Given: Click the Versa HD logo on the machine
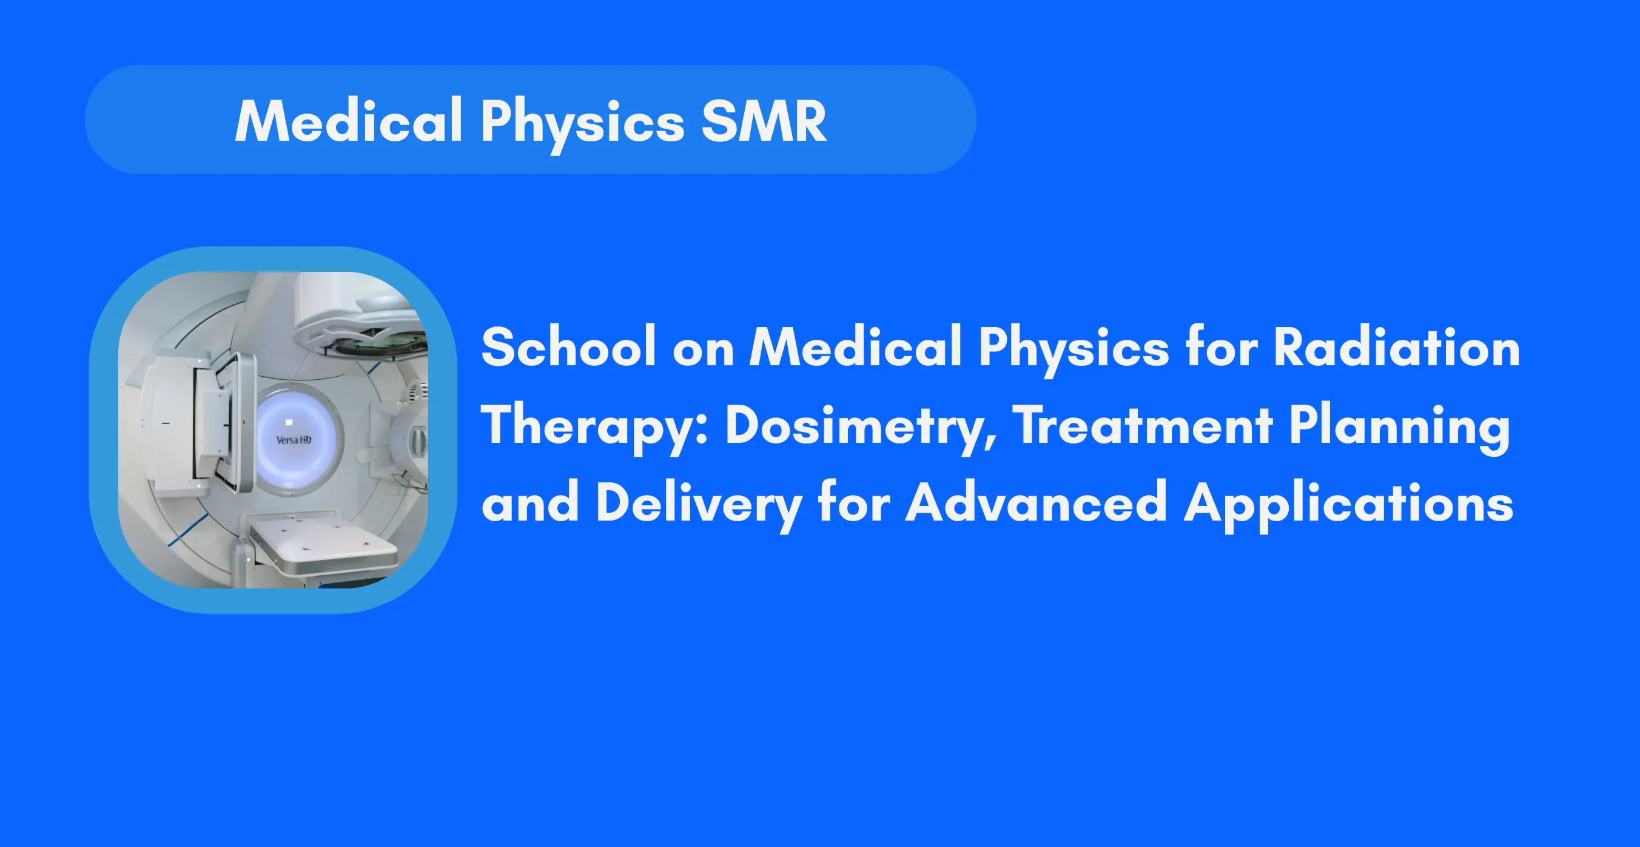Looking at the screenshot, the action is click(x=294, y=439).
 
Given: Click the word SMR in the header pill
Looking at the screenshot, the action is click(x=764, y=121).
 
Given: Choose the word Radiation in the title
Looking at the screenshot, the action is click(x=1396, y=347).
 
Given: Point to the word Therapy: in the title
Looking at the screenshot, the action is click(x=594, y=427).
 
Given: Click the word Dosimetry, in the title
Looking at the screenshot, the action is click(x=861, y=427).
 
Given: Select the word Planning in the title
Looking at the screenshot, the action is click(x=1399, y=428).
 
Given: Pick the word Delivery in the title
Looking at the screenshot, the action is click(x=699, y=505).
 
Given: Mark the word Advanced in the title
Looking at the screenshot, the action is click(x=1036, y=502).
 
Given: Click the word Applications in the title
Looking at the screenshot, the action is click(x=1348, y=505).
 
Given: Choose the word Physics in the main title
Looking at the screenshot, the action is click(x=1074, y=350).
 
